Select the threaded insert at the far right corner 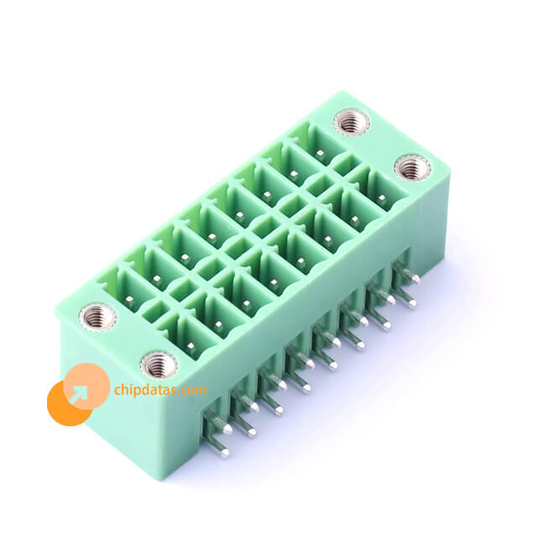tap(412, 168)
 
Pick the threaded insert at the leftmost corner tap(97, 317)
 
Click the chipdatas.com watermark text tap(160, 389)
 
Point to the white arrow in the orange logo tap(78, 394)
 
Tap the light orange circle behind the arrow tap(86, 386)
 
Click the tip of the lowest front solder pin tap(225, 453)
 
